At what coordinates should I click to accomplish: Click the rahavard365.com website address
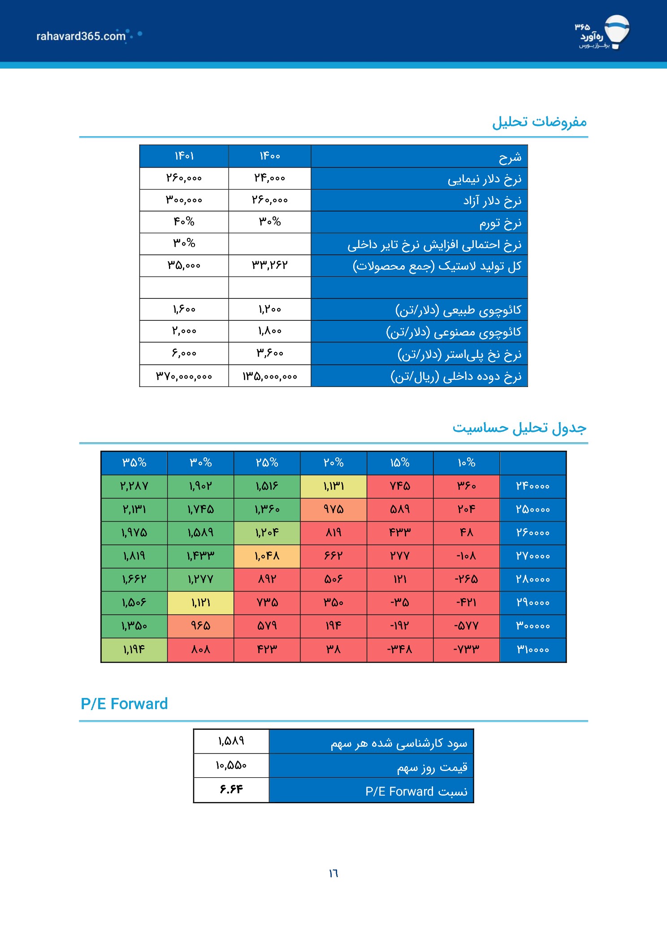point(81,36)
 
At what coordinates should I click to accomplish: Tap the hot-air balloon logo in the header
point(617,32)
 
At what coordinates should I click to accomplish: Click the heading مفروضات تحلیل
point(539,122)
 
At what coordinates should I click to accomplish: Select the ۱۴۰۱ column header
point(184,156)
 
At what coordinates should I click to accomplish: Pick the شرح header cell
point(419,156)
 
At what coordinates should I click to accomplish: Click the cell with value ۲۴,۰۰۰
point(270,178)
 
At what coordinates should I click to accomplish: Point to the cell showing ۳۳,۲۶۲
point(270,265)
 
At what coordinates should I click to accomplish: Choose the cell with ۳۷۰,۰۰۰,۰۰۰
point(184,376)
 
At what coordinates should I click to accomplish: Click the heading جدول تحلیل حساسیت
point(519,428)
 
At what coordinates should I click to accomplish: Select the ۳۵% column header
point(134,463)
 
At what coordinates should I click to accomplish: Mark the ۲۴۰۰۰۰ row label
point(533,486)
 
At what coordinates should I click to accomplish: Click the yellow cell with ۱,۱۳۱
point(333,486)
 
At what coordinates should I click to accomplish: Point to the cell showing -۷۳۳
point(466,649)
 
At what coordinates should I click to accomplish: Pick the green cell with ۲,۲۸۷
point(134,486)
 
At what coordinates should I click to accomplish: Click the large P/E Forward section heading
point(124,704)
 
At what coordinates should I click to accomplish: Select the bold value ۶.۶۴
point(231,789)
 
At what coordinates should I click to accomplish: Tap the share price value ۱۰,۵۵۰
point(231,765)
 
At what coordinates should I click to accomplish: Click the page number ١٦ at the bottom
point(333,873)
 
